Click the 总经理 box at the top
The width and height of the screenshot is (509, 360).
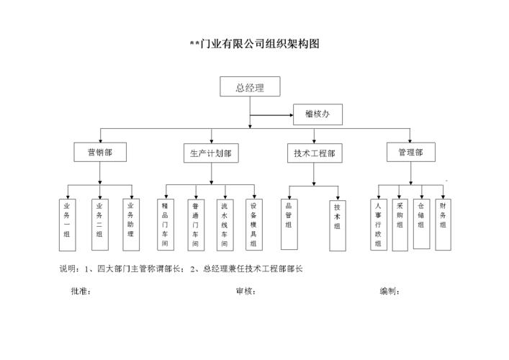coord(250,89)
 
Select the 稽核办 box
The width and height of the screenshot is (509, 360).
coord(317,114)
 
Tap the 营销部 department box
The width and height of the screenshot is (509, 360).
coord(100,153)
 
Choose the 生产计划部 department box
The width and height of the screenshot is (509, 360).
coord(210,153)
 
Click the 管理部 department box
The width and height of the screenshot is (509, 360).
coord(410,153)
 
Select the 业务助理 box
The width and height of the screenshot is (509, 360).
coord(130,223)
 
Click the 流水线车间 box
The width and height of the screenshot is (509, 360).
coord(224,225)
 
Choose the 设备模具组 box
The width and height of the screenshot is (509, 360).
coord(253,225)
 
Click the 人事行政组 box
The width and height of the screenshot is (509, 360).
coord(377,225)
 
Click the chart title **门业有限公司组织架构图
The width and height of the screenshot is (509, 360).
coord(254,44)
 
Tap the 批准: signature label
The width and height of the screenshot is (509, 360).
coord(81,292)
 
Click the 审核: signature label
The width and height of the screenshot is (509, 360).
coord(246,292)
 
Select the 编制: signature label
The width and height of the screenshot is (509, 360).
coord(389,292)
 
